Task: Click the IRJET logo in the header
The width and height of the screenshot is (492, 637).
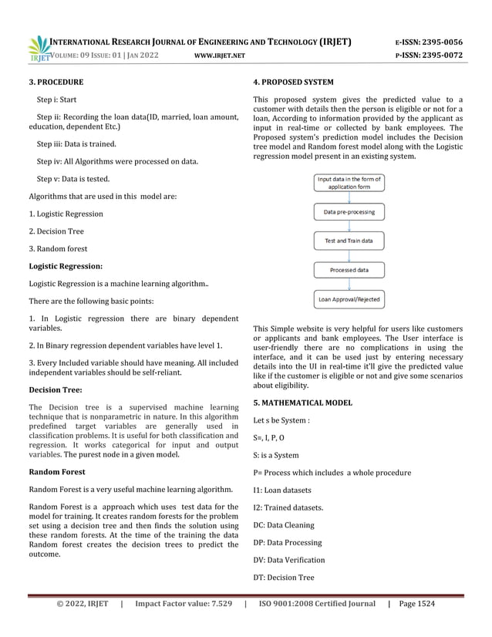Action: tap(38, 47)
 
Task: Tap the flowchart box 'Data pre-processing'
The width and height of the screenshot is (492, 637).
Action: tap(349, 211)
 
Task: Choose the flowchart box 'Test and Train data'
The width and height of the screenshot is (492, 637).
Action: tap(349, 241)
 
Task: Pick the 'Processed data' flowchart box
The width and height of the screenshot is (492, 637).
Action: tap(349, 270)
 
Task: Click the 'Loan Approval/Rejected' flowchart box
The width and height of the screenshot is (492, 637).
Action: tap(349, 299)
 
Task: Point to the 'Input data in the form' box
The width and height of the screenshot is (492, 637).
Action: tap(349, 183)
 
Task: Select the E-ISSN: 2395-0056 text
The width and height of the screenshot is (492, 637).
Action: tap(429, 42)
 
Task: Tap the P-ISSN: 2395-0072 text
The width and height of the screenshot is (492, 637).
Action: tap(429, 56)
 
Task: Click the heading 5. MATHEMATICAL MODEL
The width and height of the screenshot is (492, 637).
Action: tap(302, 403)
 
